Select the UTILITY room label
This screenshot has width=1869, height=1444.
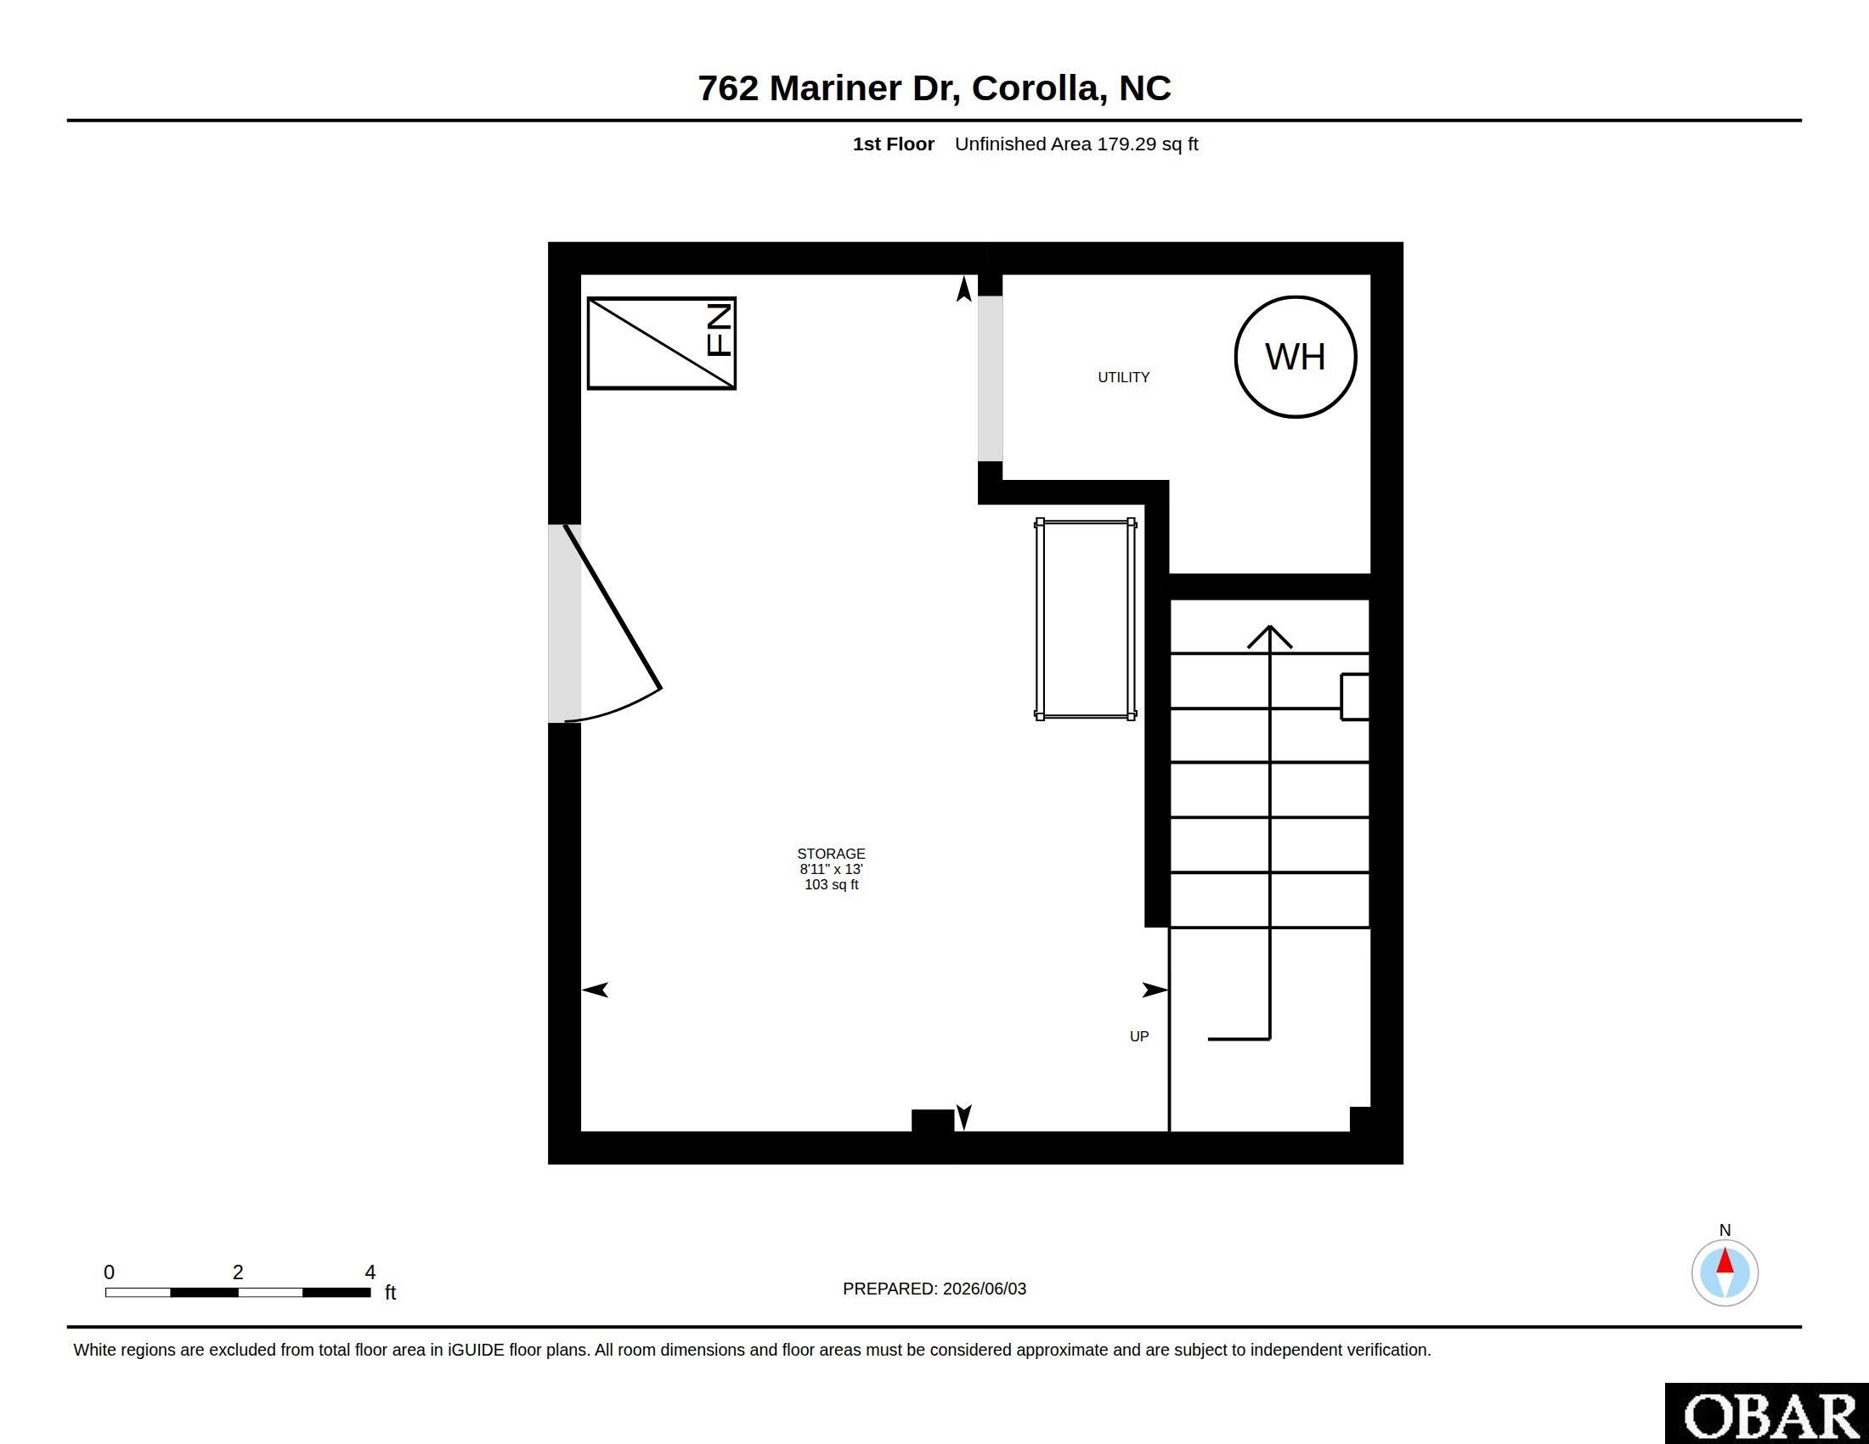point(1124,377)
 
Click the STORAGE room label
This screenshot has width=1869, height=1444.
point(831,854)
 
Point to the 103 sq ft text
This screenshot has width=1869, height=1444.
point(831,884)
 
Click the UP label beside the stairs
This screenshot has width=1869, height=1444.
point(1139,1036)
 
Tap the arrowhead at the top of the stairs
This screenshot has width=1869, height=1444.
point(1269,636)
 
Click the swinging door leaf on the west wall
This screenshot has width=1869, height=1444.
point(612,606)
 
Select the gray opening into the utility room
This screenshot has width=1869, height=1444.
point(990,379)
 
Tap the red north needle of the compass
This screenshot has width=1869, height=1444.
point(1725,1261)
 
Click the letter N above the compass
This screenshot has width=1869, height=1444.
point(1725,1230)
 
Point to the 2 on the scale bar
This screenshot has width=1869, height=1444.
point(238,1272)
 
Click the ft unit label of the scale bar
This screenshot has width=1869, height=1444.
point(390,1292)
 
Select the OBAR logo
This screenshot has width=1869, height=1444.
point(1766,1416)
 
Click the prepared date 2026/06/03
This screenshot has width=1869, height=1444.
point(984,1289)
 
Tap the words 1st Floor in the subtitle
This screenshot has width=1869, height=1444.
point(894,144)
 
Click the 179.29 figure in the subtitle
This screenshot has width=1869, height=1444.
point(1126,144)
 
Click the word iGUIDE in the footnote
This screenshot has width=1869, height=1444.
point(476,1350)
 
